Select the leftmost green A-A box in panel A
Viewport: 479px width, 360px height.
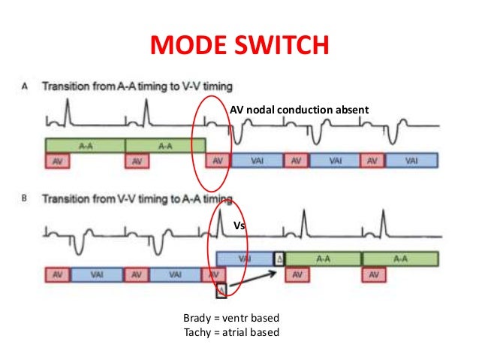[x=85, y=144]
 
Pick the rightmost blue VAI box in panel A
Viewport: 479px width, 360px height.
[x=411, y=160]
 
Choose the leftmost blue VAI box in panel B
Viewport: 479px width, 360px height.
[x=98, y=274]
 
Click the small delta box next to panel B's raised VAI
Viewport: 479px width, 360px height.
[x=279, y=258]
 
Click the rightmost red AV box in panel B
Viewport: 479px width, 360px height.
[x=372, y=274]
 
